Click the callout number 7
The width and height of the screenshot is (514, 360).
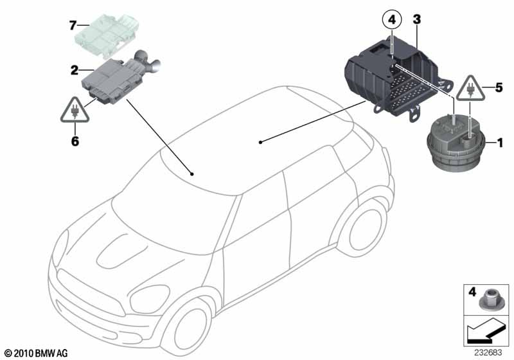click(73, 25)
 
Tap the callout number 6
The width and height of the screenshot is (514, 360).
click(75, 141)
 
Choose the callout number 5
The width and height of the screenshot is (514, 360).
click(497, 86)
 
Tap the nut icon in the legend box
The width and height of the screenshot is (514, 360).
click(490, 299)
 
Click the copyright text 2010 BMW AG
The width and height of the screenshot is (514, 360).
click(35, 353)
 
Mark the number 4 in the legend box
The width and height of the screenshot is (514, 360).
click(472, 293)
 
